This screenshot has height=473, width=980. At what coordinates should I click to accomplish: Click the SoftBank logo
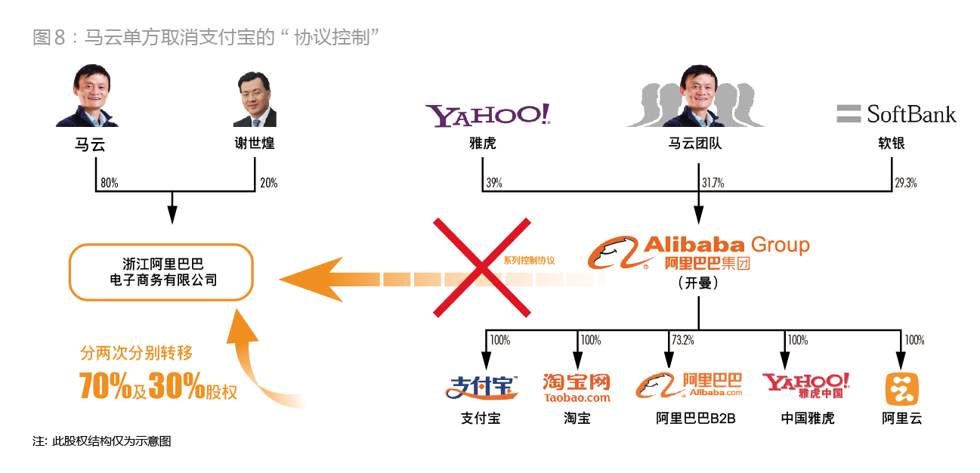[x=896, y=114]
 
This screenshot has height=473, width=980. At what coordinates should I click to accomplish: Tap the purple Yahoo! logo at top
[x=488, y=115]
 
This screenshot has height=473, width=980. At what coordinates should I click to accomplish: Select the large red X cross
[x=481, y=266]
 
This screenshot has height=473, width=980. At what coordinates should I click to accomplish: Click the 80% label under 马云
[x=110, y=183]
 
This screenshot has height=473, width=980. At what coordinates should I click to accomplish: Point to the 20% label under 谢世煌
[x=268, y=183]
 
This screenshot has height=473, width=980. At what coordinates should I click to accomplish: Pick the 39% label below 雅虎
[x=495, y=183]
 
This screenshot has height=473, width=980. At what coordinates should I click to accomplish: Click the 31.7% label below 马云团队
[x=713, y=183]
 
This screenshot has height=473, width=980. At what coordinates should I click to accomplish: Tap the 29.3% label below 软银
[x=905, y=183]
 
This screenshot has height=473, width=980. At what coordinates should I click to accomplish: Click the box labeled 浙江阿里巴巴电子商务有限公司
[x=161, y=272]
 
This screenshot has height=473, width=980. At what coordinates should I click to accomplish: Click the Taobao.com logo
[x=577, y=387]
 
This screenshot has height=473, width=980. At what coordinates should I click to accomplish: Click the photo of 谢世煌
[x=255, y=99]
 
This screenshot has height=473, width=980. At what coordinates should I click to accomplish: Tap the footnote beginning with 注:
[x=102, y=441]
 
